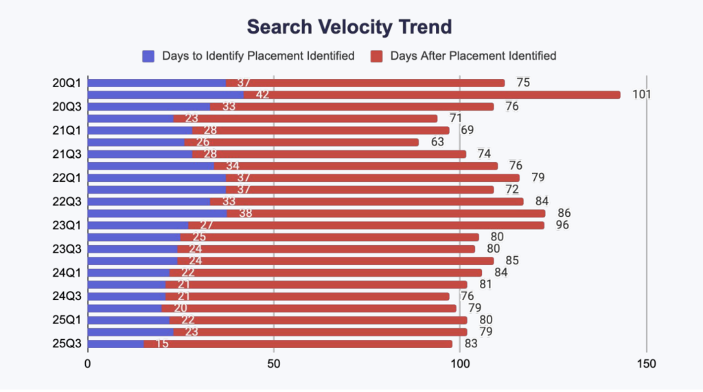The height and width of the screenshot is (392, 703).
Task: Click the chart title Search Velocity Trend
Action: [349, 27]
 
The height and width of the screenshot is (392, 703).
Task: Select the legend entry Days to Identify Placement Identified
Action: [257, 56]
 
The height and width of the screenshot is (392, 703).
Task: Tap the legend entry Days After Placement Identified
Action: [472, 56]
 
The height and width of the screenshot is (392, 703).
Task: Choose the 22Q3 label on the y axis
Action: [67, 202]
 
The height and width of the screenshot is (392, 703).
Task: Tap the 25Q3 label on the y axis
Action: [67, 343]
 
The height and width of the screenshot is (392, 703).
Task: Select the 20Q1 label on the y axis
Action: [67, 83]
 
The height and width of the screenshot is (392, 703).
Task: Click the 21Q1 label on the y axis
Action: [67, 130]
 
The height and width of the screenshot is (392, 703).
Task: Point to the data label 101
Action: [641, 95]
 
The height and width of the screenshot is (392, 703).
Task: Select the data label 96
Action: [562, 225]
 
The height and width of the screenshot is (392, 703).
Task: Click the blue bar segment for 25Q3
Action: [116, 343]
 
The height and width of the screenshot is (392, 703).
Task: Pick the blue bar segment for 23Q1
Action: [137, 225]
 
